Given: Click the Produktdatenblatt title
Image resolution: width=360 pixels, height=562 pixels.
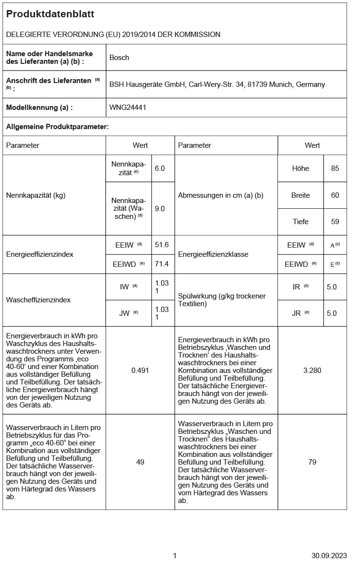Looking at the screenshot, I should tap(50, 14).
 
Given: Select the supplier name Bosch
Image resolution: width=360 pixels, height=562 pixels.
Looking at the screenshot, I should tap(119, 58).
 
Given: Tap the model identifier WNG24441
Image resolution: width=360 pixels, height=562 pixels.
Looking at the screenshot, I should tap(128, 108).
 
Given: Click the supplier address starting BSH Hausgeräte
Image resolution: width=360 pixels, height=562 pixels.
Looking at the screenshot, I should tap(217, 84).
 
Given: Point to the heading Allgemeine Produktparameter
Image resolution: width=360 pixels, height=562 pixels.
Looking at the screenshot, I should tap(57, 127).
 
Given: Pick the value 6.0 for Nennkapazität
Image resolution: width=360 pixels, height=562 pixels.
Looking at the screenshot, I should tap(160, 168).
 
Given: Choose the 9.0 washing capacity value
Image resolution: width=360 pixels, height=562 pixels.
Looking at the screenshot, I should tap(160, 208).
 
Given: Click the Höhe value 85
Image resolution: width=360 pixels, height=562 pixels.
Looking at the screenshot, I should tap(335, 168).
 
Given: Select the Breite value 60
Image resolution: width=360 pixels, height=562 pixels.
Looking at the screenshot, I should tap(335, 195).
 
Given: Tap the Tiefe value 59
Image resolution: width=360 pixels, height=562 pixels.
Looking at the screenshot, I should tap(335, 222).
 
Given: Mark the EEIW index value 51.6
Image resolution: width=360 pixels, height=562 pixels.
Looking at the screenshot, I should tap(162, 245).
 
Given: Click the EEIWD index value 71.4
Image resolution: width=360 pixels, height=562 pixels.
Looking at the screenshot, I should tap(162, 264).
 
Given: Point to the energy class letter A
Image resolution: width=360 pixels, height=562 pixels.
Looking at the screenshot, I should tap(333, 246).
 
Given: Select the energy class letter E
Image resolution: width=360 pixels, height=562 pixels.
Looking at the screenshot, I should tap(333, 264).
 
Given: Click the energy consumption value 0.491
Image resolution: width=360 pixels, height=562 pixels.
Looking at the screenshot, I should tap(140, 370).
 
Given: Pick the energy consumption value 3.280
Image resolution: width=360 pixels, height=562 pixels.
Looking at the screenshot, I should tap(312, 370).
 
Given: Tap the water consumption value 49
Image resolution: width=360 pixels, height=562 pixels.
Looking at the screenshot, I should tap(140, 462).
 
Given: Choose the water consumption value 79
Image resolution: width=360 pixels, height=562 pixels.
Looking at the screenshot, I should tap(312, 462).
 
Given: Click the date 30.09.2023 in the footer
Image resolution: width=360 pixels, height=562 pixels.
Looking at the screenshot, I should tap(329, 555).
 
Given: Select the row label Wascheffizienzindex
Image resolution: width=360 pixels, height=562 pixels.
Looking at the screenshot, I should tap(38, 300).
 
